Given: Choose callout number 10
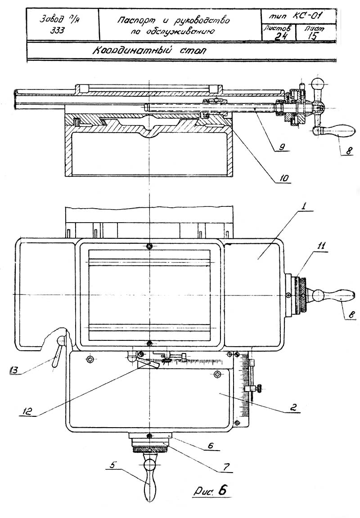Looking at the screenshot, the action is (x=283, y=179).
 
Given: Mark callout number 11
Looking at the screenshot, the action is (x=321, y=246).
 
